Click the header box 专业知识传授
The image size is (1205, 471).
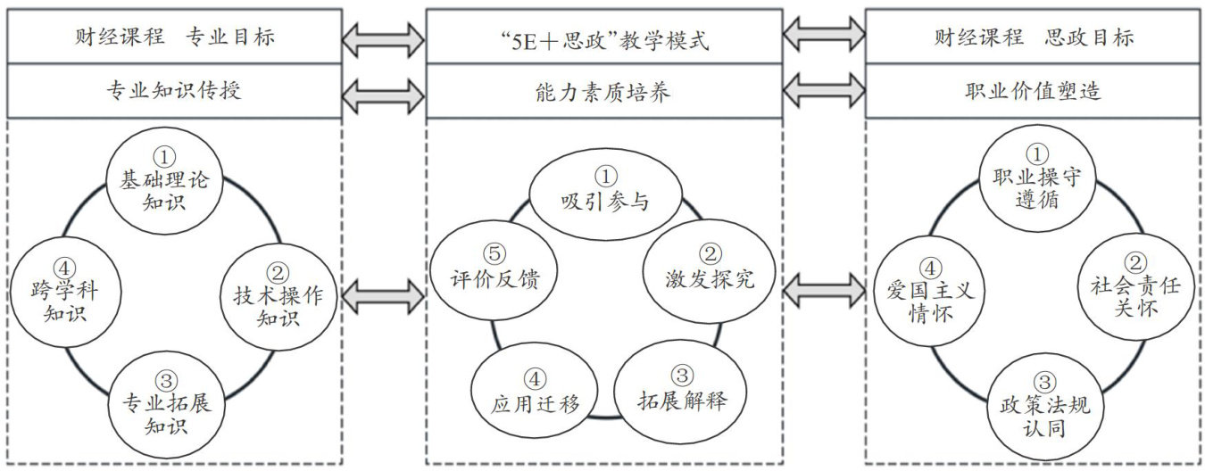(x=174, y=90)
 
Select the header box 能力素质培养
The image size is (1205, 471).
(x=603, y=90)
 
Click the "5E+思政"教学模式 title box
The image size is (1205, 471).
(x=603, y=37)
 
